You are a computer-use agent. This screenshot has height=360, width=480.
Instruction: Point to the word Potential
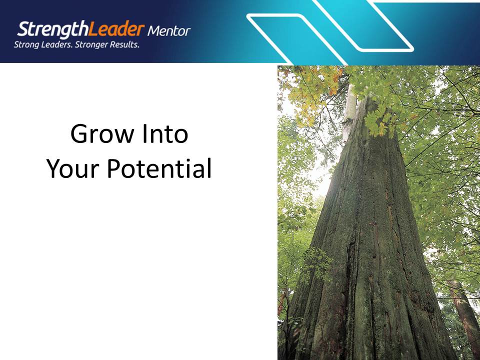pyautogui.click(x=159, y=169)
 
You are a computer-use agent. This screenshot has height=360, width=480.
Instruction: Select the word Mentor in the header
pyautogui.click(x=169, y=31)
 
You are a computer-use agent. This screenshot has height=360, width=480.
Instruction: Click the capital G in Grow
pyautogui.click(x=79, y=134)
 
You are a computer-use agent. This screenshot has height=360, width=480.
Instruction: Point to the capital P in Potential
pyautogui.click(x=112, y=169)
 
